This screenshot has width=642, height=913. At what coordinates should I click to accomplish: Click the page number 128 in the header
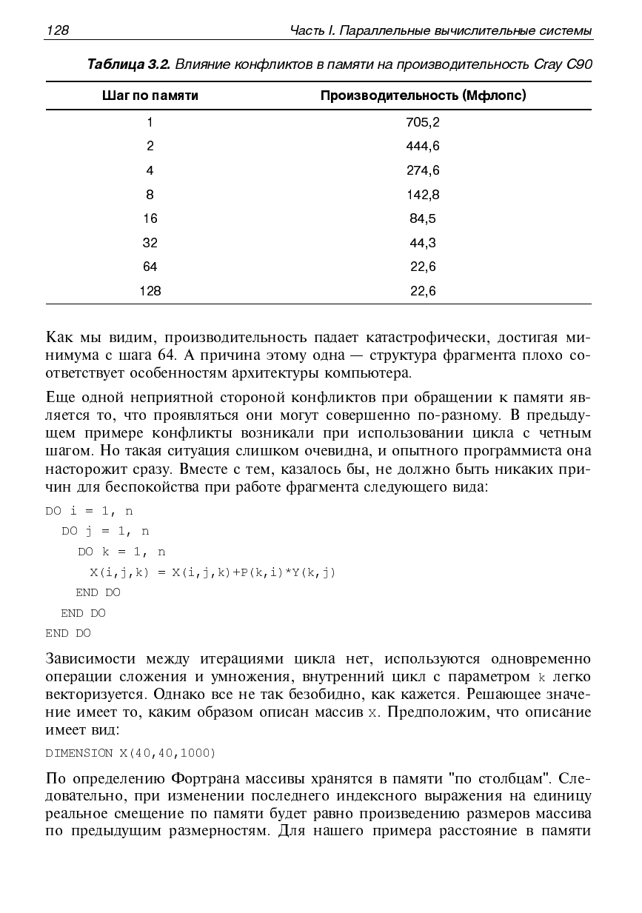[x=57, y=30]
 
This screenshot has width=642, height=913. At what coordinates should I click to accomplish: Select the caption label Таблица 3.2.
[x=129, y=64]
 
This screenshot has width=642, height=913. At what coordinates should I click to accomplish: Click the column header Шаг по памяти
[x=150, y=96]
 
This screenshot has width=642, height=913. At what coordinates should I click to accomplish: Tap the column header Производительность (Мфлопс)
[x=423, y=96]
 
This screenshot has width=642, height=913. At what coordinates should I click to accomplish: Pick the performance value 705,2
[x=423, y=122]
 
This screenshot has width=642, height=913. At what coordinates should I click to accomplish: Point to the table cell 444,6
[x=423, y=147]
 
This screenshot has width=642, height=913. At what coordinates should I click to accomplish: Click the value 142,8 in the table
[x=423, y=195]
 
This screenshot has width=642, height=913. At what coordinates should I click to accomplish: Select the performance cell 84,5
[x=423, y=218]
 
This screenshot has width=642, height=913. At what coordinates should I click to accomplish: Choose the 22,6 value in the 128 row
[x=423, y=291]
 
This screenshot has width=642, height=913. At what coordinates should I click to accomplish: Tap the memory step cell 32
[x=150, y=243]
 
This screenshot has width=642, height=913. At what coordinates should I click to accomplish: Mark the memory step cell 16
[x=150, y=218]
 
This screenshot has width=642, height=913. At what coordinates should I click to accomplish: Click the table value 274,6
[x=423, y=171]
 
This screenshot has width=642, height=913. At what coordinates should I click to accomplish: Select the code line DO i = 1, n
[x=89, y=511]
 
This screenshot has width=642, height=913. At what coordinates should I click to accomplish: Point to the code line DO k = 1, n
[x=121, y=552]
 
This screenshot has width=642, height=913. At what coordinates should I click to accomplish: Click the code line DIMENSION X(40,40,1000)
[x=130, y=753]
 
